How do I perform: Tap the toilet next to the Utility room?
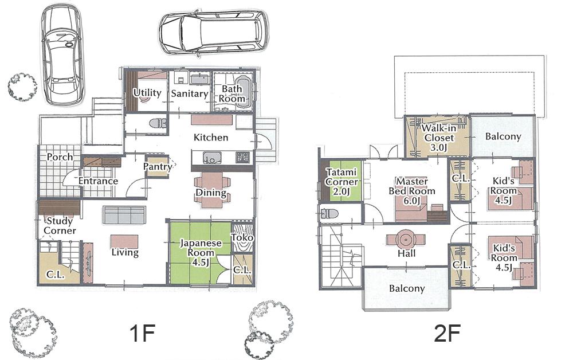click(x=156, y=123)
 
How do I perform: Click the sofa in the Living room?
click(x=124, y=216)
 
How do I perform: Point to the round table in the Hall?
click(x=406, y=239)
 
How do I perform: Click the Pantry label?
click(x=158, y=167)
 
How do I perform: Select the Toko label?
click(x=242, y=237)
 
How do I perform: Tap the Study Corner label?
click(x=60, y=225)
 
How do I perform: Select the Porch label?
click(x=60, y=156)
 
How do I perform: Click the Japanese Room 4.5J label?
click(x=201, y=248)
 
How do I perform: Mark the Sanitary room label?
click(x=190, y=93)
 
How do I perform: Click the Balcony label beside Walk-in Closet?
click(x=503, y=136)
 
